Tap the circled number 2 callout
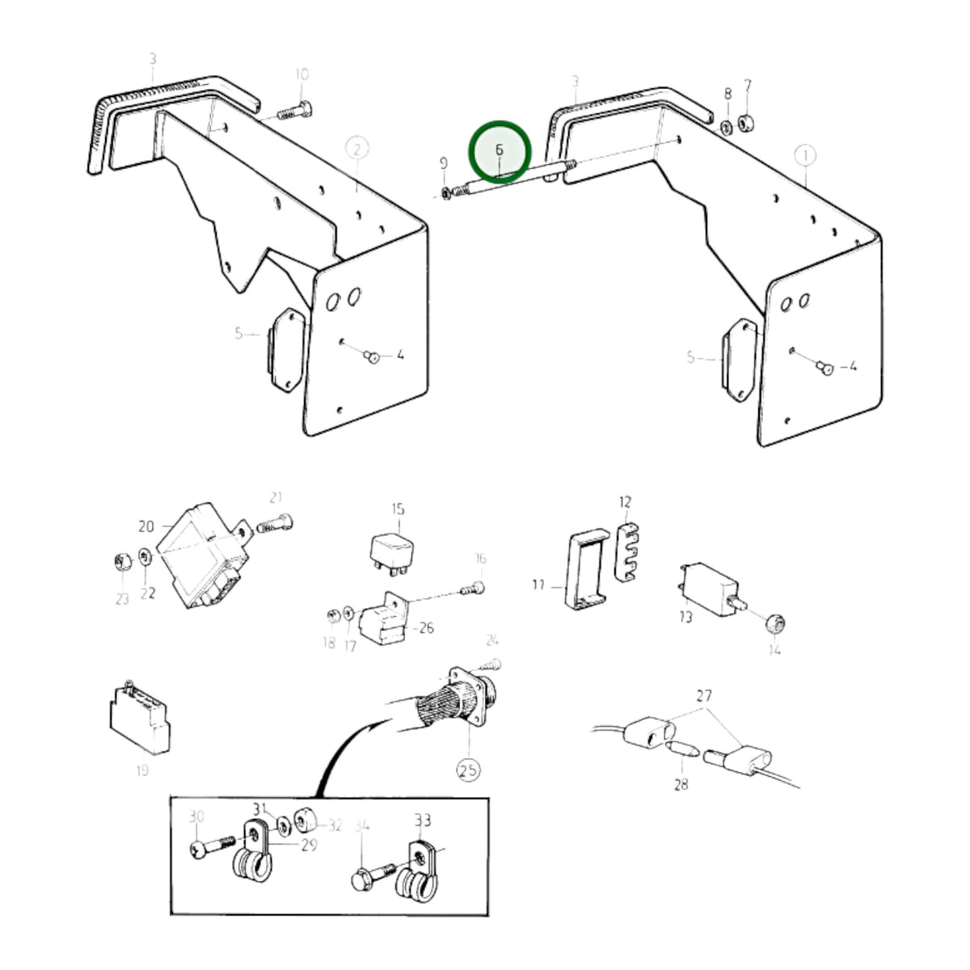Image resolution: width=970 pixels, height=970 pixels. tap(357, 150)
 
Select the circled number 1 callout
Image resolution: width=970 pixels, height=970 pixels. tap(804, 156)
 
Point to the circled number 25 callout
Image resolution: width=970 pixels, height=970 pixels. tap(468, 770)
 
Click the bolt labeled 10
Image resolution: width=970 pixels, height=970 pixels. tap(294, 111)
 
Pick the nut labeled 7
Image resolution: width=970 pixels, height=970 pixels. tap(746, 124)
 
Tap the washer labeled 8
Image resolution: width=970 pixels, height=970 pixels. tap(727, 128)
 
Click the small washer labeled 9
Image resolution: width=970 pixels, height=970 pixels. tap(445, 193)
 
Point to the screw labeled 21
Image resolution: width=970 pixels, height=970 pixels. tap(275, 523)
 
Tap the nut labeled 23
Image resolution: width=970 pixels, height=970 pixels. tap(123, 561)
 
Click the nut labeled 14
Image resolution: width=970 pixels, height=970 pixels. tap(776, 625)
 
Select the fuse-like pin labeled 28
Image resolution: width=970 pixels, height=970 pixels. tap(682, 750)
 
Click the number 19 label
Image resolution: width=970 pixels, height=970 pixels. tap(142, 770)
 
